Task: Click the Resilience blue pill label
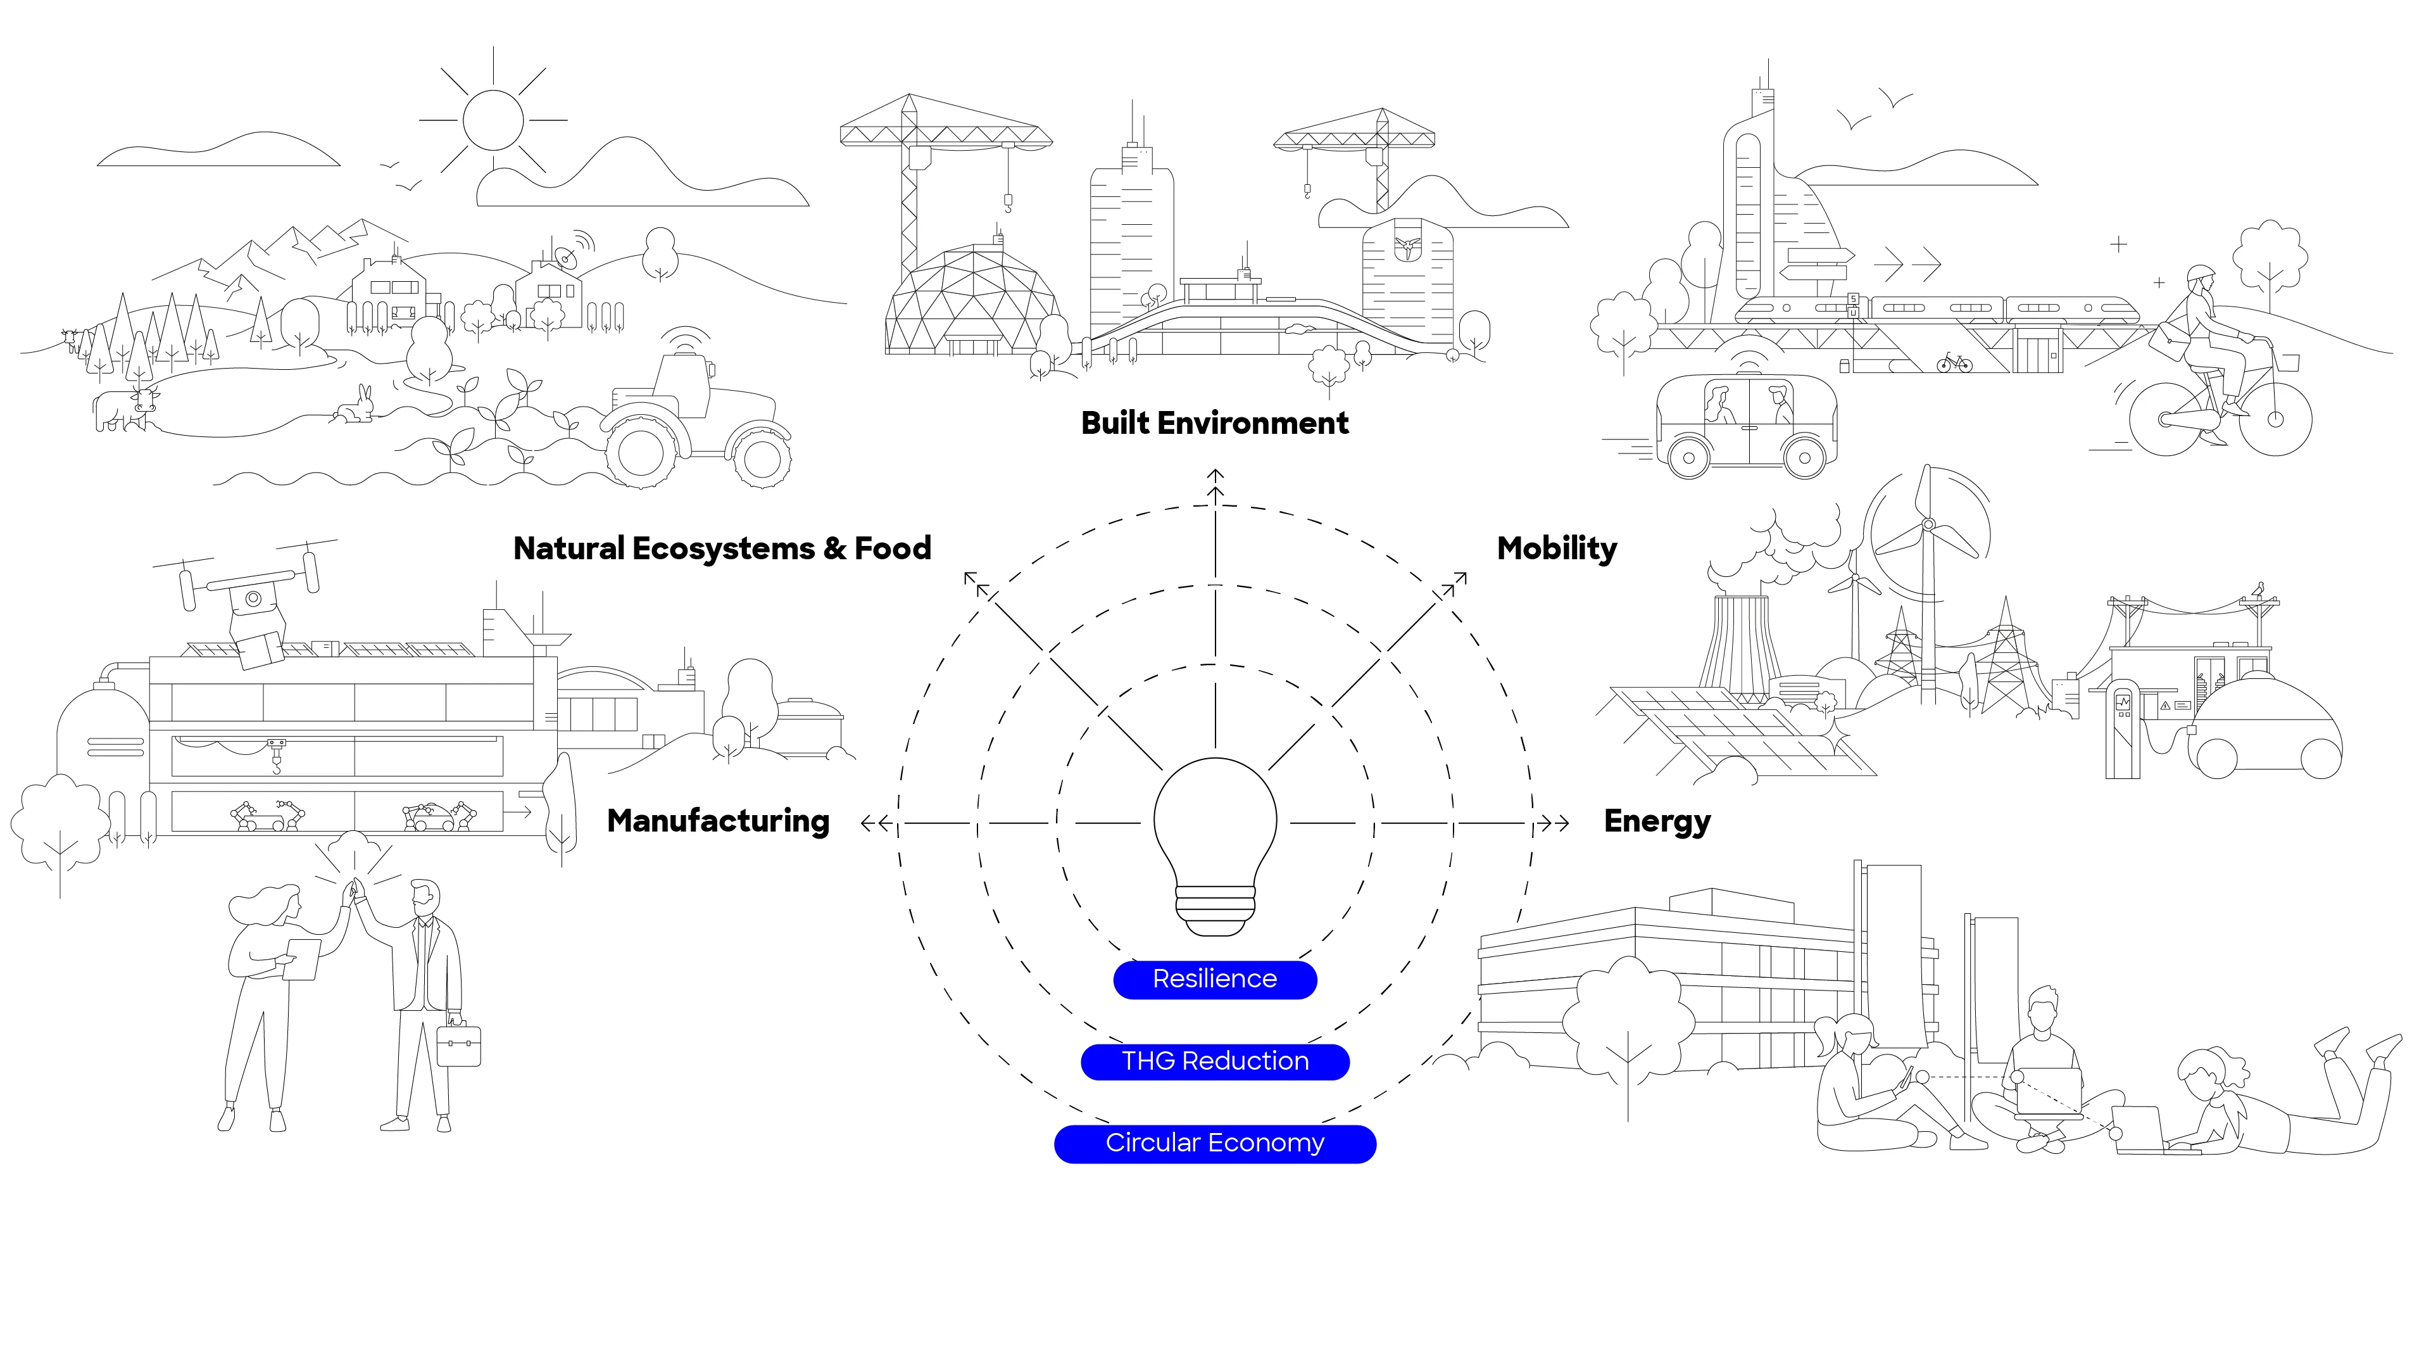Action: coord(1215,979)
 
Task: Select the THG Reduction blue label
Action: coord(1215,1061)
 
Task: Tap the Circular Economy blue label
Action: coord(1215,1143)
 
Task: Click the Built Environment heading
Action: coord(1215,423)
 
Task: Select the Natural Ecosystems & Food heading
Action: coord(722,548)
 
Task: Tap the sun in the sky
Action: coord(493,120)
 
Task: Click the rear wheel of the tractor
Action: coord(642,452)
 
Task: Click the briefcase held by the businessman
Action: coord(458,1044)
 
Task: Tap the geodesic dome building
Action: coord(972,300)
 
